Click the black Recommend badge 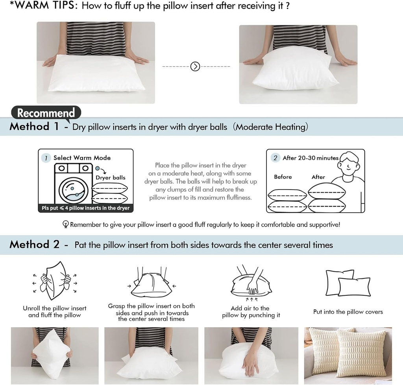coord(46,113)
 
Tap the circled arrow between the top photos coord(195,66)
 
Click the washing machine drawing coord(72,184)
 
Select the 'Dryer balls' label coord(111,177)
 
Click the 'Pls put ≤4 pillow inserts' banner coord(85,208)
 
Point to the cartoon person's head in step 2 coord(348,165)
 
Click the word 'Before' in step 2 coord(283,177)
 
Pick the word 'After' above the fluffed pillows coord(318,177)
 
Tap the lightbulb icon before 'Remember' coord(65,225)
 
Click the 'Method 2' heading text coord(35,245)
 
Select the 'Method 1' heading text coord(35,127)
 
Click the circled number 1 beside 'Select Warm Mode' coord(46,158)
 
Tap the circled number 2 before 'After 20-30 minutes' coord(275,158)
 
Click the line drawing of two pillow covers coord(348,283)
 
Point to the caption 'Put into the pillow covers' coord(348,312)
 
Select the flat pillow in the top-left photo coord(96,74)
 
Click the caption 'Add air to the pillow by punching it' coord(251,312)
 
